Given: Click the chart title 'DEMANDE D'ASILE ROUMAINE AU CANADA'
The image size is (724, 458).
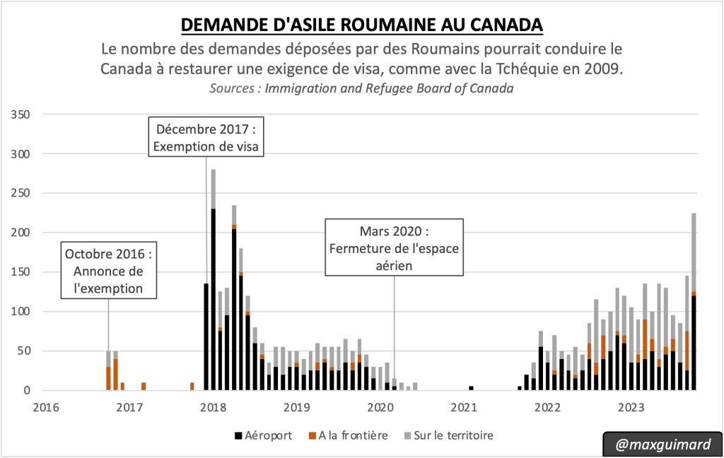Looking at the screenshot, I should pyautogui.click(x=362, y=24).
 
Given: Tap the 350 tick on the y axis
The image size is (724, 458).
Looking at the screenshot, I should pyautogui.click(x=24, y=114).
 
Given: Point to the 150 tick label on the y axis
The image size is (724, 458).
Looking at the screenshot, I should pyautogui.click(x=24, y=271).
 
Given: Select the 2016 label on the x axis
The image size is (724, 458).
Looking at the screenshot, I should pyautogui.click(x=46, y=407).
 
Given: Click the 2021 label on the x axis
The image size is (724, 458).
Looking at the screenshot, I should pyautogui.click(x=464, y=407).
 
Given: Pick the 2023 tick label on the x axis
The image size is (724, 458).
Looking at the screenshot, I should pyautogui.click(x=631, y=407).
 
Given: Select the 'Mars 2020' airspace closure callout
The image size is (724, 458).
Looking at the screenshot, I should pyautogui.click(x=394, y=247).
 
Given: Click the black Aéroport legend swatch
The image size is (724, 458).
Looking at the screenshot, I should pyautogui.click(x=239, y=435).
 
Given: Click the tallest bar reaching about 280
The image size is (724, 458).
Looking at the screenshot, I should pyautogui.click(x=213, y=283).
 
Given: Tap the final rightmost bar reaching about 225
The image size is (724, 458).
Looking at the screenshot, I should pyautogui.click(x=694, y=304).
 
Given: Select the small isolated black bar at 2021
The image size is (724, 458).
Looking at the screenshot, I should pyautogui.click(x=471, y=388).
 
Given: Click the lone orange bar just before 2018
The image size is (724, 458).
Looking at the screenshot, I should pyautogui.click(x=192, y=386).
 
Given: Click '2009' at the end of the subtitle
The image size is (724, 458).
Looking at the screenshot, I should pyautogui.click(x=608, y=69).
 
